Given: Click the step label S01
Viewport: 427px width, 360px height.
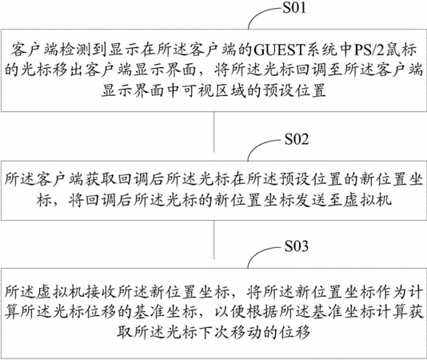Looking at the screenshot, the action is tap(294, 8).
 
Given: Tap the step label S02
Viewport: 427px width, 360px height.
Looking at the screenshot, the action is tap(297, 139).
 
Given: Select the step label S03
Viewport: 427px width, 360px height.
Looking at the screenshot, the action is tap(297, 246).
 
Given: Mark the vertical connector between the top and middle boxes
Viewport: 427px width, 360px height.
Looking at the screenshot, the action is tap(214, 132).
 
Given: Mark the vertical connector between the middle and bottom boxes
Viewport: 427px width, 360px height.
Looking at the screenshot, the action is tap(214, 239).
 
